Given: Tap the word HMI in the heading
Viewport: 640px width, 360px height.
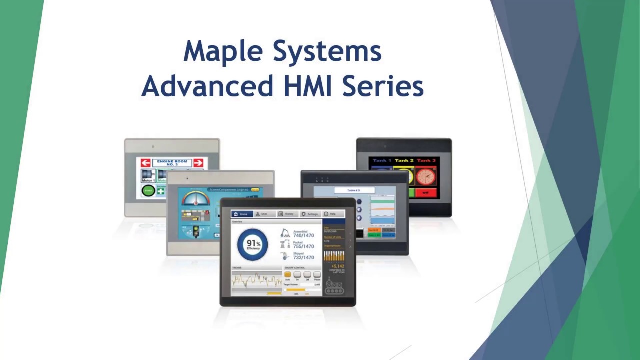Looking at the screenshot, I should coord(308,86).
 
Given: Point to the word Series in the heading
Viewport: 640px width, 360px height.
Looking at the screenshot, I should coord(383,86).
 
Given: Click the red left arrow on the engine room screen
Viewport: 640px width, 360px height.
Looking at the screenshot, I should coord(145,163).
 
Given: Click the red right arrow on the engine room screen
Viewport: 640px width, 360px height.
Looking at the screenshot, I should coord(198,163).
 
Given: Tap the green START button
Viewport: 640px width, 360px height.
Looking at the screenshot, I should coord(148,190).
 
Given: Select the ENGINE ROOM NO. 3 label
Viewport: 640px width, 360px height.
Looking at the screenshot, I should coord(172,163).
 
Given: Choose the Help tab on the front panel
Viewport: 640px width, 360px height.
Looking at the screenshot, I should coord(331,214).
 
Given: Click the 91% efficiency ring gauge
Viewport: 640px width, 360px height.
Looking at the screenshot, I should coord(253,244).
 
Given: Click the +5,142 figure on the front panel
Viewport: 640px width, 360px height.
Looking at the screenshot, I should coord(338,266).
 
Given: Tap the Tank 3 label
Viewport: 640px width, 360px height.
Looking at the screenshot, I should coord(426,161).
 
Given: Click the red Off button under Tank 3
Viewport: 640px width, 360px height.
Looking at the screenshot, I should coord(425,192).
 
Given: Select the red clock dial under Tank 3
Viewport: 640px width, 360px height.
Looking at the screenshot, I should coord(425,176).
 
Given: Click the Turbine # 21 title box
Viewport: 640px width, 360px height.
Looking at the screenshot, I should coord(354,190).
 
